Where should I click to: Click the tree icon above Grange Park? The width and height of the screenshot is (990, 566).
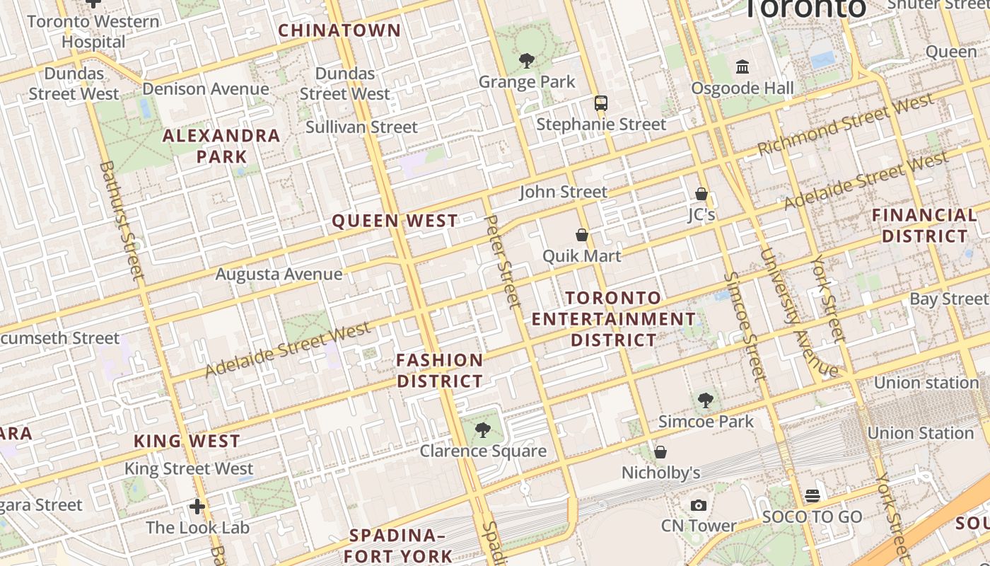tap(526, 61)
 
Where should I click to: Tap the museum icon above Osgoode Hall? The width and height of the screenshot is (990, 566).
tap(742, 67)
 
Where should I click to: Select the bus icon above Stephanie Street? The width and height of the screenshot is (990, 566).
tap(601, 103)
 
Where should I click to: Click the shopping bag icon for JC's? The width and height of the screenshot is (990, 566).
tap(701, 193)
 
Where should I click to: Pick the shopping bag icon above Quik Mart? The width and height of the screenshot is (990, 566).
tap(582, 235)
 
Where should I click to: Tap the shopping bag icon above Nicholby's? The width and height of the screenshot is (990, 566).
tap(660, 451)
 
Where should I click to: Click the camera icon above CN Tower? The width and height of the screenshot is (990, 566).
tap(699, 505)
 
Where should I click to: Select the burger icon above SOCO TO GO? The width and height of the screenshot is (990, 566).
tap(812, 495)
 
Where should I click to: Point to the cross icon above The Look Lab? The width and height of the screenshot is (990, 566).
tap(197, 507)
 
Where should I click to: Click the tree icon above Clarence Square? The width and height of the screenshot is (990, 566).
tap(483, 429)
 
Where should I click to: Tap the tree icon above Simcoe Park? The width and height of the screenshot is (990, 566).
tap(705, 400)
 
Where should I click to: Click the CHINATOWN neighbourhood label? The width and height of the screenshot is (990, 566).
tap(339, 30)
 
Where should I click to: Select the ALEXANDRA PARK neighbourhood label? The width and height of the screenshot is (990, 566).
tap(222, 146)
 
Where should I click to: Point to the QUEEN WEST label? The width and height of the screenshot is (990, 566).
tap(395, 221)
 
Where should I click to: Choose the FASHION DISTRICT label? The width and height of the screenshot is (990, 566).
tap(440, 371)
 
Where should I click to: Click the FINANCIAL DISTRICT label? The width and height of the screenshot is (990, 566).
tap(925, 225)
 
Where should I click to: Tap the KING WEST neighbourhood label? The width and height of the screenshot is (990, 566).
tap(187, 441)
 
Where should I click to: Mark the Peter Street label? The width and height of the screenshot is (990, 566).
tap(503, 262)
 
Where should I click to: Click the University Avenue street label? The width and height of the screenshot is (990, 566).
tap(798, 311)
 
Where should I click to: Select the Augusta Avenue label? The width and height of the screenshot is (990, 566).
tap(279, 274)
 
